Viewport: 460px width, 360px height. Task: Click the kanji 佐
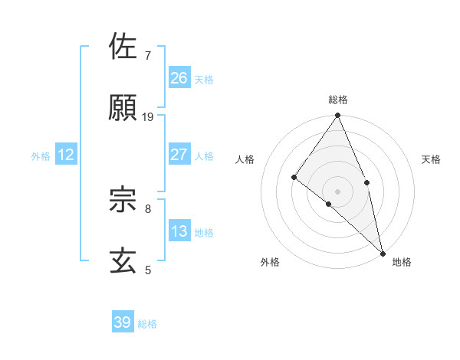pos(123,47)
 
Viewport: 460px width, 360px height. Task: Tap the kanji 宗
pos(123,199)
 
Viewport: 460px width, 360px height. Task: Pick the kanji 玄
pos(123,260)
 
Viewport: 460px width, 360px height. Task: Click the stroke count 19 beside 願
pos(148,117)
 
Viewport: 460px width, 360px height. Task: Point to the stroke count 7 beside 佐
pos(147,56)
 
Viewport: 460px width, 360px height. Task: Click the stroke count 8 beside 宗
pos(147,208)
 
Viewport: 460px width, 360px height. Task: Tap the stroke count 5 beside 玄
pos(147,270)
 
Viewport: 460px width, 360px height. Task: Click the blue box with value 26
pos(179,78)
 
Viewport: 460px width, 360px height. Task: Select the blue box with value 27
pos(179,155)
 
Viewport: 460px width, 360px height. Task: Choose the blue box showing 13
pos(179,231)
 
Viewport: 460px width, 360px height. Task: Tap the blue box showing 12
pos(66,155)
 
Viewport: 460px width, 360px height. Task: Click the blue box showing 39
pos(123,322)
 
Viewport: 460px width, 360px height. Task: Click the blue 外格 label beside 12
pos(41,156)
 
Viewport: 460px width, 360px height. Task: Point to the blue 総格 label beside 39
pos(148,324)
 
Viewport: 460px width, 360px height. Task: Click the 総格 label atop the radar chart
pos(338,100)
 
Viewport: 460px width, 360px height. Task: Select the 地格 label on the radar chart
pos(402,263)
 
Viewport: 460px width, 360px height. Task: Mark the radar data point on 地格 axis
pos(383,252)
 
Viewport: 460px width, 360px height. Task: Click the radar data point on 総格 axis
pos(338,116)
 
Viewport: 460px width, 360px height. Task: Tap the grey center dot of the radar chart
pos(338,191)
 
